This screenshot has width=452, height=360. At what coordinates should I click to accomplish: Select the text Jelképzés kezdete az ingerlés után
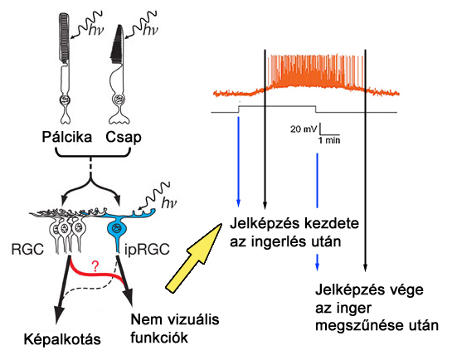click(x=286, y=233)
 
